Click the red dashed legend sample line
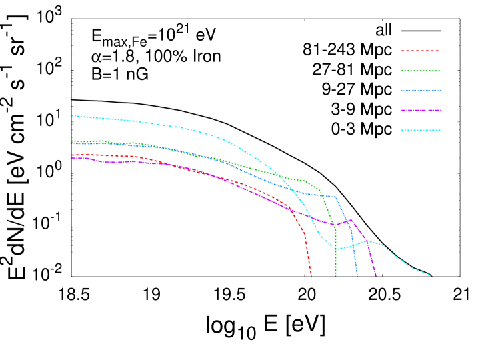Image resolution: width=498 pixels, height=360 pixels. (421, 51)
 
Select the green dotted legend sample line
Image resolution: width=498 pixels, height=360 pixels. (421, 71)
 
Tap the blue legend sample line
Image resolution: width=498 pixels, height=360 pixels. (421, 91)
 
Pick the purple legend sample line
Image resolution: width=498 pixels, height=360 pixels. (421, 111)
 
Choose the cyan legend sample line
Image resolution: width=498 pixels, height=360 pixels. (421, 131)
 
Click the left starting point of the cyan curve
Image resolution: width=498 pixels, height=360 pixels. (73, 116)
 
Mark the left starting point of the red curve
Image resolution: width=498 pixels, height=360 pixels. (73, 155)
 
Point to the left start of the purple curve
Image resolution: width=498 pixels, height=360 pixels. (73, 159)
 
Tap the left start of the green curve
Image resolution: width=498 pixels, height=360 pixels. (73, 141)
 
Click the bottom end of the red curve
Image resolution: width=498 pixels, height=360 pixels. (311, 275)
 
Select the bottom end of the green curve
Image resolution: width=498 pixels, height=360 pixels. (335, 275)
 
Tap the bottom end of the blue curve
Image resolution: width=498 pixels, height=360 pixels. (357, 275)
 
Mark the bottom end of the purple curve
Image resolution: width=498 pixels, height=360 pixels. (376, 275)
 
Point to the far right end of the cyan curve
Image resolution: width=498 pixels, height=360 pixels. (431, 275)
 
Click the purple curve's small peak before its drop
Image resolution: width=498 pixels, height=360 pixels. (351, 219)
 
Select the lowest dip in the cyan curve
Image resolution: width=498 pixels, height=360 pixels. (335, 249)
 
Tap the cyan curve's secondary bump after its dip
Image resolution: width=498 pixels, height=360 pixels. (367, 241)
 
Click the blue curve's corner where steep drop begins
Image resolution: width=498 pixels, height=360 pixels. (335, 197)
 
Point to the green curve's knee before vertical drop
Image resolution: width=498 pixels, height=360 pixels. (321, 190)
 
